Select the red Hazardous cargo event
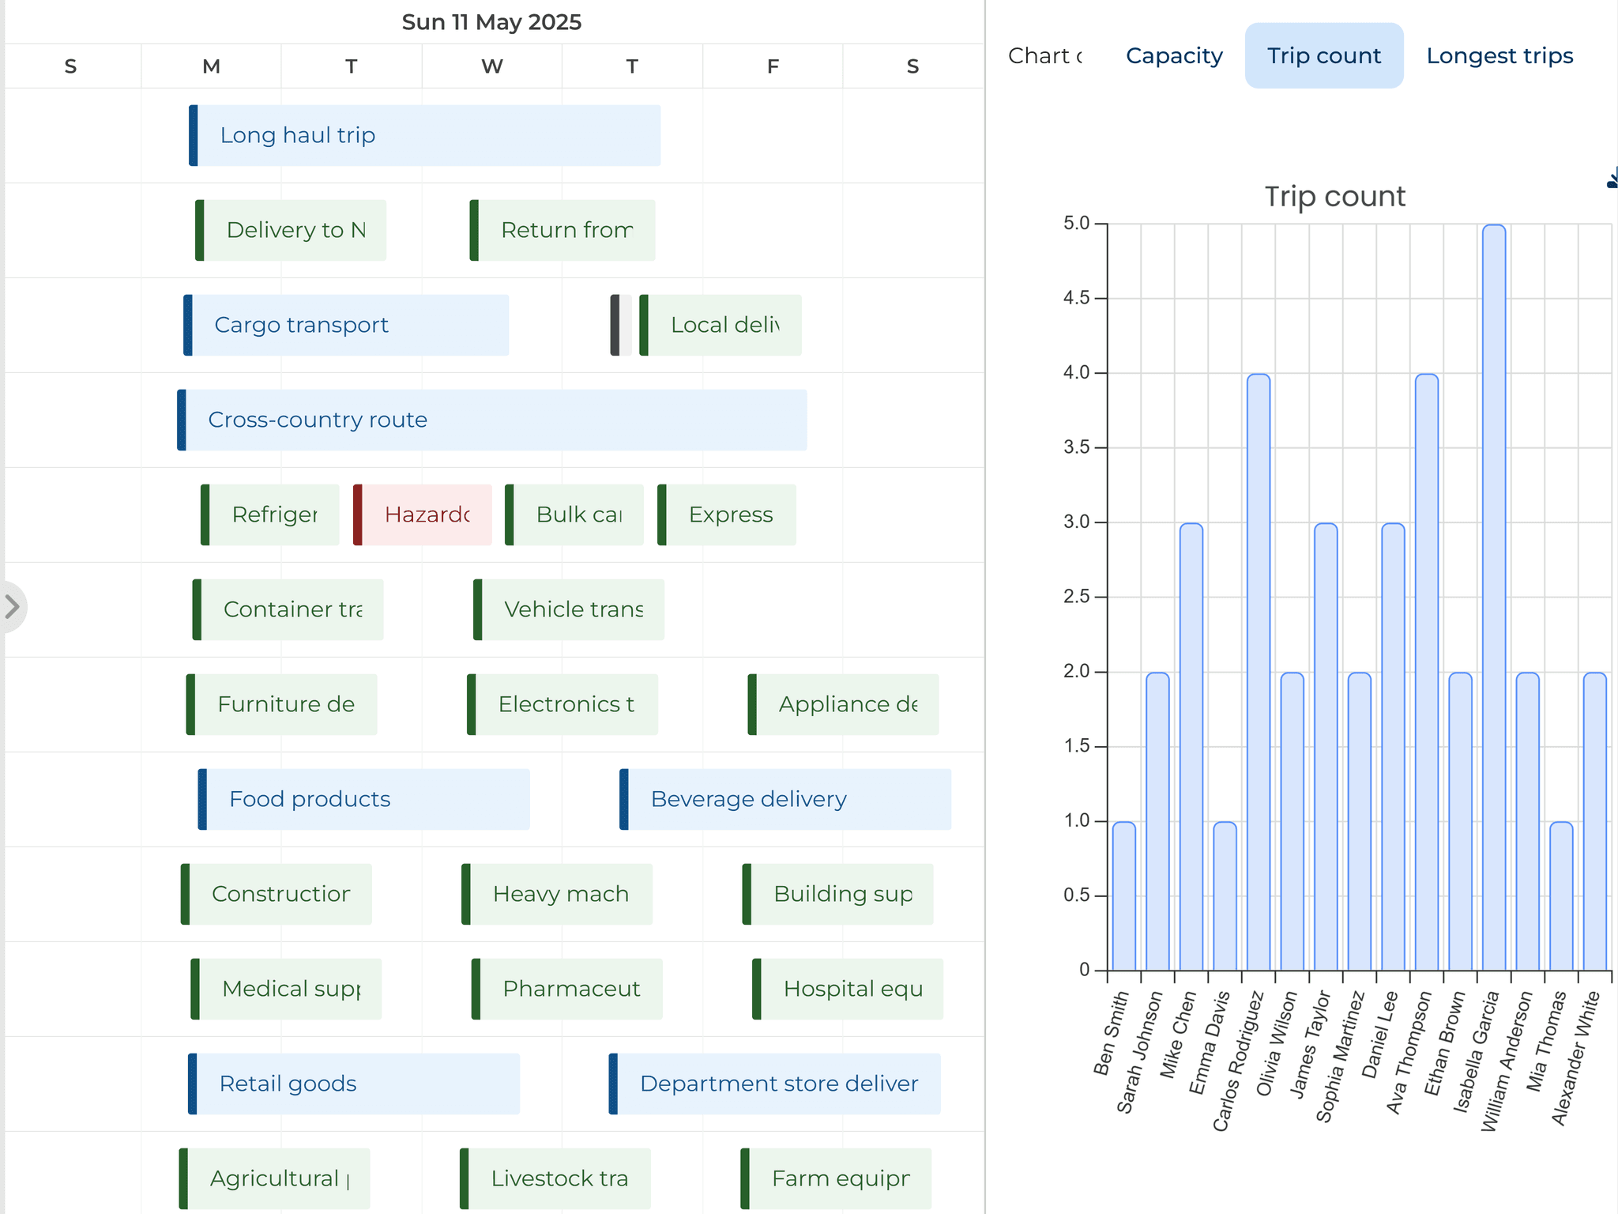coord(423,515)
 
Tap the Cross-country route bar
coord(492,420)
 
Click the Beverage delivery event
coord(785,799)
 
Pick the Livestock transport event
coord(555,1178)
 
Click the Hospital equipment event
coord(848,989)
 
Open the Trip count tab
coord(1323,56)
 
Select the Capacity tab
coord(1174,56)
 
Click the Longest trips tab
coord(1499,56)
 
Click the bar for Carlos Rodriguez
coord(1258,672)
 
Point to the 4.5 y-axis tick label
coord(1076,298)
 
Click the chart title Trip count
coord(1334,196)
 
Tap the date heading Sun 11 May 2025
coord(491,22)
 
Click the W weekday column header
coord(491,66)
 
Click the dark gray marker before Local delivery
coord(615,325)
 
